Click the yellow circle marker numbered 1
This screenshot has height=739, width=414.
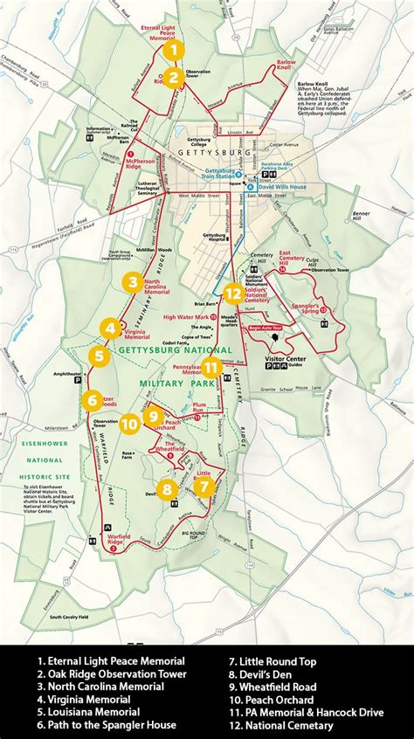[174, 50]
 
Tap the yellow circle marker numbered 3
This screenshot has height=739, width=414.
[132, 281]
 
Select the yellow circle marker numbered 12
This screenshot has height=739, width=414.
[233, 294]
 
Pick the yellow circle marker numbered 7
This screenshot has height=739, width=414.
[204, 487]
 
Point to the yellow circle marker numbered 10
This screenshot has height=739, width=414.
[129, 423]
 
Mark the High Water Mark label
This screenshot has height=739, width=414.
[186, 317]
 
